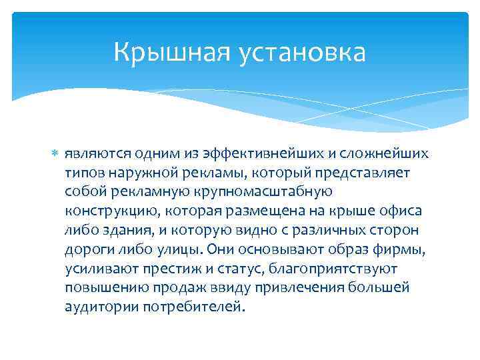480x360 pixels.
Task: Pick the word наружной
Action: click(141, 173)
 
